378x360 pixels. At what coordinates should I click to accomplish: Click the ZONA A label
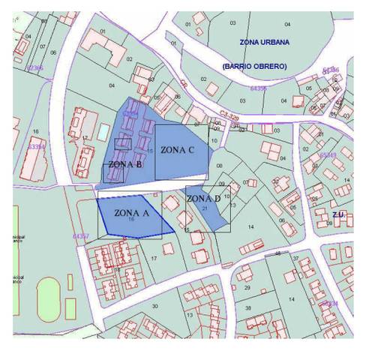(x=132, y=212)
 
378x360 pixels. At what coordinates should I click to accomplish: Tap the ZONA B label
(x=125, y=164)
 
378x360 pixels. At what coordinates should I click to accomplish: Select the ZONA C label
(x=178, y=150)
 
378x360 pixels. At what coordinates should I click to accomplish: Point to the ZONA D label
(x=203, y=199)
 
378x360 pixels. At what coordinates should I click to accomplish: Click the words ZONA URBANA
(x=265, y=42)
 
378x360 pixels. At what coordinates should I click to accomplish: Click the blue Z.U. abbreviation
(x=339, y=214)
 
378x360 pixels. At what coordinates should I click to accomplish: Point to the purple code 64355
(x=258, y=88)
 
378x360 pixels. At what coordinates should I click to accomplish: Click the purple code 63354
(x=35, y=147)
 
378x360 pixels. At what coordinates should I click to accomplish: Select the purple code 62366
(x=34, y=68)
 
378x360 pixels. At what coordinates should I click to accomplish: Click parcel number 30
(x=154, y=306)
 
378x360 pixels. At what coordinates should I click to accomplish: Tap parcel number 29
(x=247, y=287)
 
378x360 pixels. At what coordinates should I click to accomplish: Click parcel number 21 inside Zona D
(x=204, y=208)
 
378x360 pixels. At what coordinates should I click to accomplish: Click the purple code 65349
(x=326, y=155)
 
